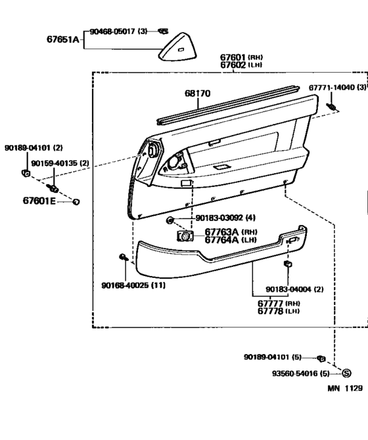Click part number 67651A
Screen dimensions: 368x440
tap(63, 39)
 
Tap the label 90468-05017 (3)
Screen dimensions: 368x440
tap(118, 31)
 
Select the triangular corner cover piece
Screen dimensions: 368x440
tap(177, 47)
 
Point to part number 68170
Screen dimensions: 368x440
tap(197, 94)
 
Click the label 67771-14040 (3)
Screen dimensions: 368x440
tap(338, 87)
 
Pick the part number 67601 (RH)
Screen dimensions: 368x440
tap(241, 57)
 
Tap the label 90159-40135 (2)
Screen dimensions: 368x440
tap(60, 163)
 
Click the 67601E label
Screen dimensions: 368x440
tap(39, 201)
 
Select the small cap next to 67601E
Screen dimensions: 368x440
tap(76, 202)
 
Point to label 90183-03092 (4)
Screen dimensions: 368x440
tap(225, 218)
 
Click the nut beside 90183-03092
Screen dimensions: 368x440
tap(170, 220)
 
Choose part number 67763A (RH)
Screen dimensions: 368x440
tap(231, 232)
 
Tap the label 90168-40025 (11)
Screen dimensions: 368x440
tap(133, 285)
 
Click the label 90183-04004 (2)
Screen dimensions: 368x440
tap(294, 289)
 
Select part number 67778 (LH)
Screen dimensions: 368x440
tap(279, 311)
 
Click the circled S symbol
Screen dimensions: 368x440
tap(346, 373)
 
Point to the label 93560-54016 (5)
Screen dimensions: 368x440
tap(300, 374)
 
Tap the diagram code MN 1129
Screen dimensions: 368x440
tap(345, 388)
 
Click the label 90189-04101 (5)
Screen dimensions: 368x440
tap(273, 357)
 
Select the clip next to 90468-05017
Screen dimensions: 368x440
tap(163, 31)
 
